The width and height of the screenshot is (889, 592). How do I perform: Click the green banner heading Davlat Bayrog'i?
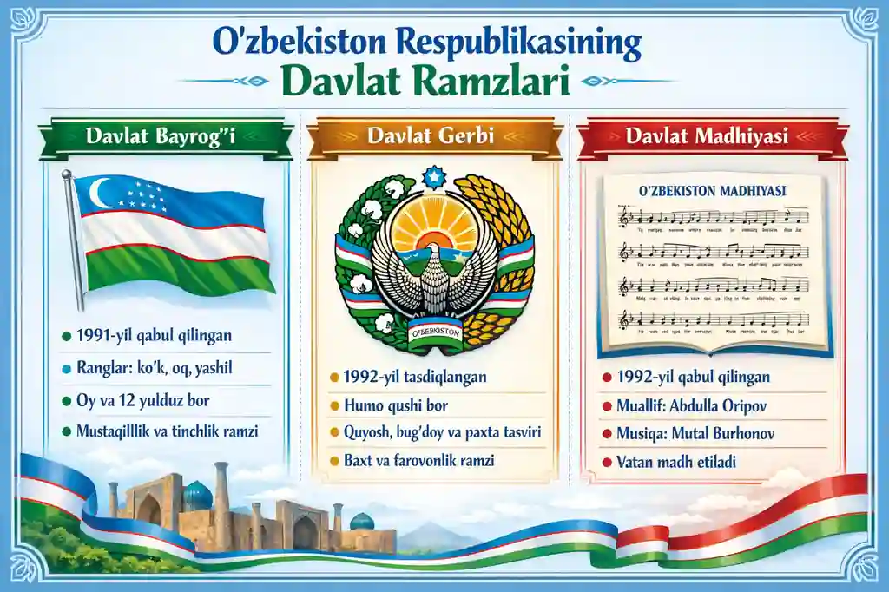[164, 137]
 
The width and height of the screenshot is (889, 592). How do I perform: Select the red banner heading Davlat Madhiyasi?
[712, 137]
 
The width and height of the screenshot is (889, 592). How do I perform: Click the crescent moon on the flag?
[102, 193]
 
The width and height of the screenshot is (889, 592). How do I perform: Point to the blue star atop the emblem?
[432, 177]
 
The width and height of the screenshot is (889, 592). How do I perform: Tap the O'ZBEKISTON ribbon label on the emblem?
[432, 333]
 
